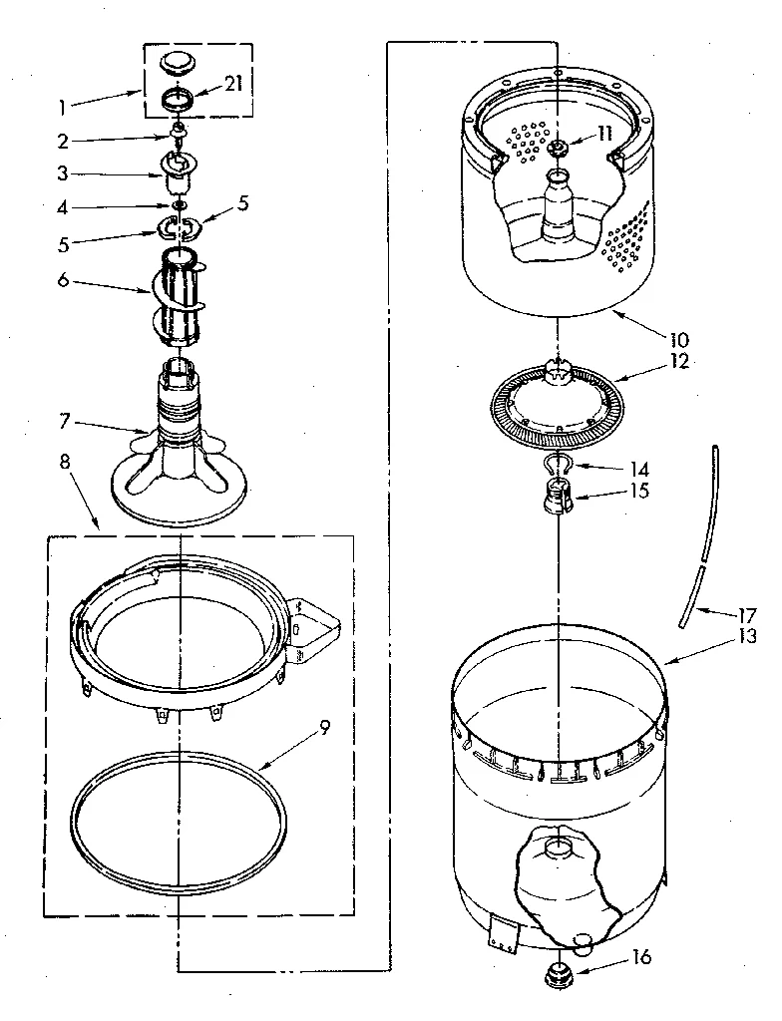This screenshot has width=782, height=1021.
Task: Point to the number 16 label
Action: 640,958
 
